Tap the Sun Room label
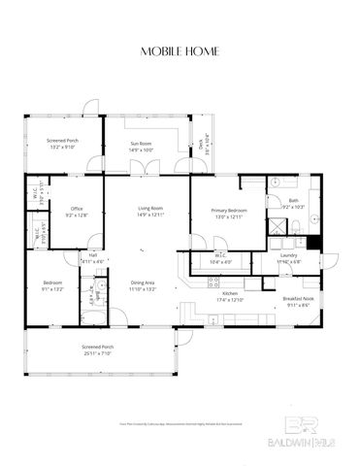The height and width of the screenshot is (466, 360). click(143, 144)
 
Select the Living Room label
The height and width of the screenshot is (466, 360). click(148, 208)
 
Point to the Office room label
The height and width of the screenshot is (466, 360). click(76, 209)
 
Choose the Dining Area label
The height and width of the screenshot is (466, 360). click(143, 283)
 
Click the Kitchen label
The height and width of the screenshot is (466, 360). click(229, 292)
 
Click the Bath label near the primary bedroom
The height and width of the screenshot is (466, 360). click(294, 200)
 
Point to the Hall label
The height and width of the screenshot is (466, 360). click(92, 256)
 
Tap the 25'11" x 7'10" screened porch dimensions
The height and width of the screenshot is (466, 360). click(96, 353)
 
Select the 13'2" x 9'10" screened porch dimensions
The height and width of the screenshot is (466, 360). click(62, 148)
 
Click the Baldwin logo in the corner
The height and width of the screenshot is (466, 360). click(305, 438)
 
